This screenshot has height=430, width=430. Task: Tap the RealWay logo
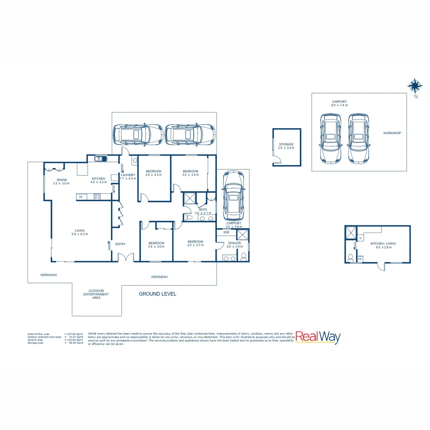(318, 338)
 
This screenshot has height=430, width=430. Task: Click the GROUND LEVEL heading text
(157, 294)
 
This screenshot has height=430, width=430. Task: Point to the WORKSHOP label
(392, 133)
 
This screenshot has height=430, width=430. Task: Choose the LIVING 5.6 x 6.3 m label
(80, 232)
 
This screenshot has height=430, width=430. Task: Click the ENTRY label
(120, 244)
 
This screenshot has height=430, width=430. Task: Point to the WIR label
(226, 232)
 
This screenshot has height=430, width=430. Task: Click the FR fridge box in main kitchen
(81, 197)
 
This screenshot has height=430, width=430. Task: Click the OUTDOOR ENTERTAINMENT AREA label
(96, 294)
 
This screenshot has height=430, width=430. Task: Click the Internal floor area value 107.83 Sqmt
(74, 334)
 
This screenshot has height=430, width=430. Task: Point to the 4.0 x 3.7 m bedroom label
(195, 243)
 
